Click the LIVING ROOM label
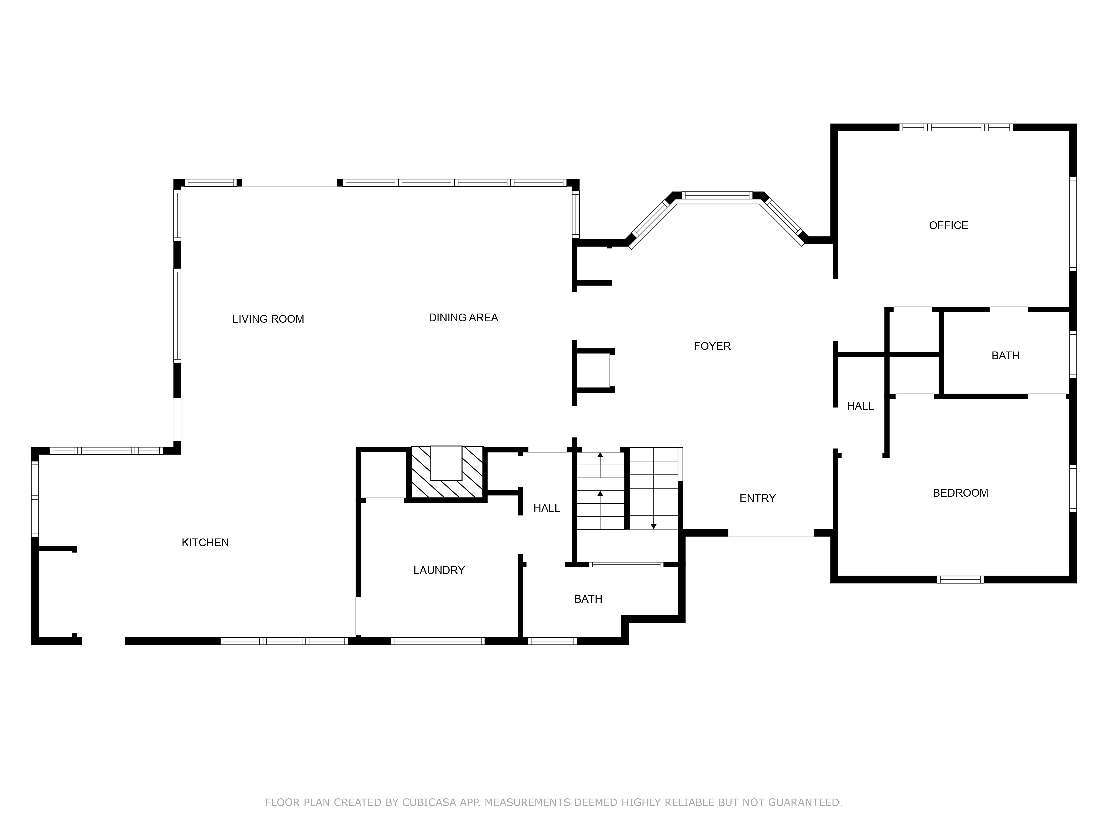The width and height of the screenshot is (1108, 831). (x=268, y=319)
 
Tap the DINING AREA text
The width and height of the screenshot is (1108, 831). (x=463, y=317)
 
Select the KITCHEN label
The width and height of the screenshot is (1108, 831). (x=205, y=542)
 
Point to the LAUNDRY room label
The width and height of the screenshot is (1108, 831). (x=439, y=570)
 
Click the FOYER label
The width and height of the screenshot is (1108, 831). (x=712, y=346)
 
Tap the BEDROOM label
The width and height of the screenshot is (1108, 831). (x=960, y=493)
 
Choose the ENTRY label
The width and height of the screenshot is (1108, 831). (x=757, y=498)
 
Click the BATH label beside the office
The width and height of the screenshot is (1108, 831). (x=1005, y=356)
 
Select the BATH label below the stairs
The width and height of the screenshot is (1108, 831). (x=588, y=599)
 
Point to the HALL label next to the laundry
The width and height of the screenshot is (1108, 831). (x=547, y=508)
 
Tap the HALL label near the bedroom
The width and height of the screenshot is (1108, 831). (x=860, y=406)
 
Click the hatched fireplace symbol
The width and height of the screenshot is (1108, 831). (x=446, y=472)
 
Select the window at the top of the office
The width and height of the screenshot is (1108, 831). (x=956, y=127)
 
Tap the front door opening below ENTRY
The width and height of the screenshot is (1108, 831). (x=770, y=533)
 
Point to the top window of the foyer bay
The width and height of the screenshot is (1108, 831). (x=717, y=195)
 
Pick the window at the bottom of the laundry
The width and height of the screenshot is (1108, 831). (x=437, y=641)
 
